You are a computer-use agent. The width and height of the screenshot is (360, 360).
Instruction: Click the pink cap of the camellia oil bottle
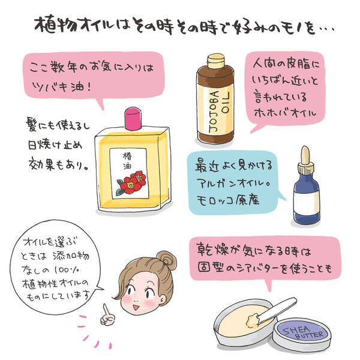coord(133,118)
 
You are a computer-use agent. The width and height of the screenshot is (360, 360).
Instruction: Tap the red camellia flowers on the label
coord(131,183)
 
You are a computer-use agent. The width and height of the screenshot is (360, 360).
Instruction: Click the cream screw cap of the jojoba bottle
coord(215,61)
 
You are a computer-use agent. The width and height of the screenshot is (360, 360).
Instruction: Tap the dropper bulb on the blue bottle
coord(305,155)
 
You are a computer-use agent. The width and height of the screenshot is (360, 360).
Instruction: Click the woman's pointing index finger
coord(106,310)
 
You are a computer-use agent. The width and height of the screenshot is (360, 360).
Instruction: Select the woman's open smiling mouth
coord(136,307)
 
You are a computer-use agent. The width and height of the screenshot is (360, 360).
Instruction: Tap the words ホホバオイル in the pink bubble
coord(285,113)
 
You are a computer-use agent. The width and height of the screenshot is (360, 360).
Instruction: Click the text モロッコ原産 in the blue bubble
coord(228,200)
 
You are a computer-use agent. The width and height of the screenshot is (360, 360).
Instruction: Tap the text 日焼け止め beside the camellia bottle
coord(55,145)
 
